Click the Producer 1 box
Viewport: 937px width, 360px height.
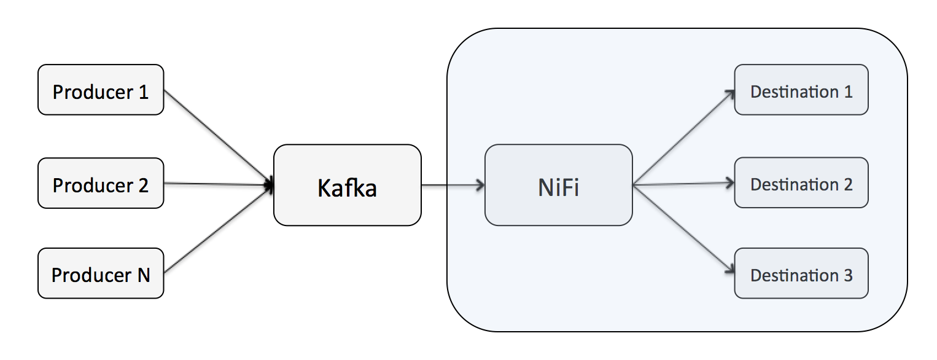click(101, 90)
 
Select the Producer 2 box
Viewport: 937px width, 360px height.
click(101, 183)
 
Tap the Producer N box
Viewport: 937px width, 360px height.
click(101, 273)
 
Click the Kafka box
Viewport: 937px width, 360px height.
click(347, 185)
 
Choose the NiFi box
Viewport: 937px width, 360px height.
click(558, 185)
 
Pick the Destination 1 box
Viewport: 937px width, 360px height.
click(801, 90)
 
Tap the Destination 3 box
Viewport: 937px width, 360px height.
click(801, 273)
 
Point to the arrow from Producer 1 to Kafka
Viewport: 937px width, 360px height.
click(218, 137)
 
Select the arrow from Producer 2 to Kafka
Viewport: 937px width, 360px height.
click(218, 184)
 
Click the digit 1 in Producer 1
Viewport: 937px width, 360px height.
click(143, 92)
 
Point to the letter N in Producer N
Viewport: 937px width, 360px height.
click(142, 275)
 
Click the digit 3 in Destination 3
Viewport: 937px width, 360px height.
click(847, 275)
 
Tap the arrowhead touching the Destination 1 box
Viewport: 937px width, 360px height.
click(730, 93)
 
